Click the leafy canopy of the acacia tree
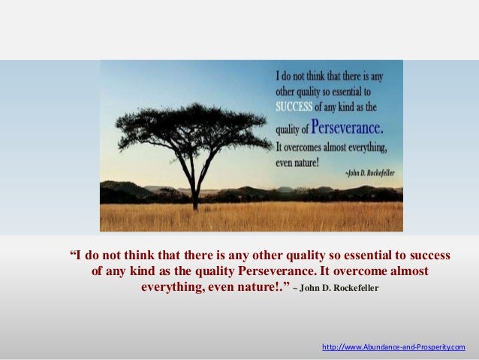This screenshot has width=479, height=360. pyautogui.click(x=191, y=128)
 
